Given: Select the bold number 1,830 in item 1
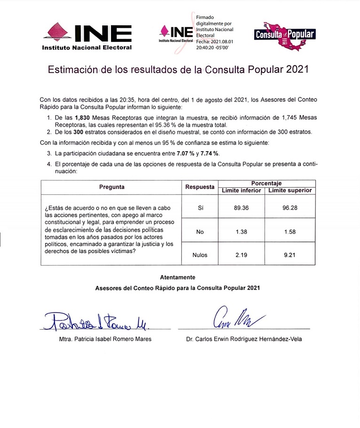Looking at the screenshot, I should (x=79, y=118).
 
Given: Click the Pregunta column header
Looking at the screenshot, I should (x=112, y=187).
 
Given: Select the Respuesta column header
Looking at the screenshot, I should (x=200, y=187).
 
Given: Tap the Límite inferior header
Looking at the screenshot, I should (x=241, y=190).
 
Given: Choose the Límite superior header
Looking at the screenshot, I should (x=290, y=190).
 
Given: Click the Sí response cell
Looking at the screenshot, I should (x=200, y=208).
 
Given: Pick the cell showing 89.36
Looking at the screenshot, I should (x=241, y=208).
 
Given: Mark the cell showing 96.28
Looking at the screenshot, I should (x=290, y=208).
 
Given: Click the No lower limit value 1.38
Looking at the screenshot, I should (x=241, y=231).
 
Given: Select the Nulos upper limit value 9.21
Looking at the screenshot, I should (x=290, y=255).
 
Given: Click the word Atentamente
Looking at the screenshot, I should (x=177, y=277).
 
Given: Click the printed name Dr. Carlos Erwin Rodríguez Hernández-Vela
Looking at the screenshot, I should (x=244, y=339).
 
